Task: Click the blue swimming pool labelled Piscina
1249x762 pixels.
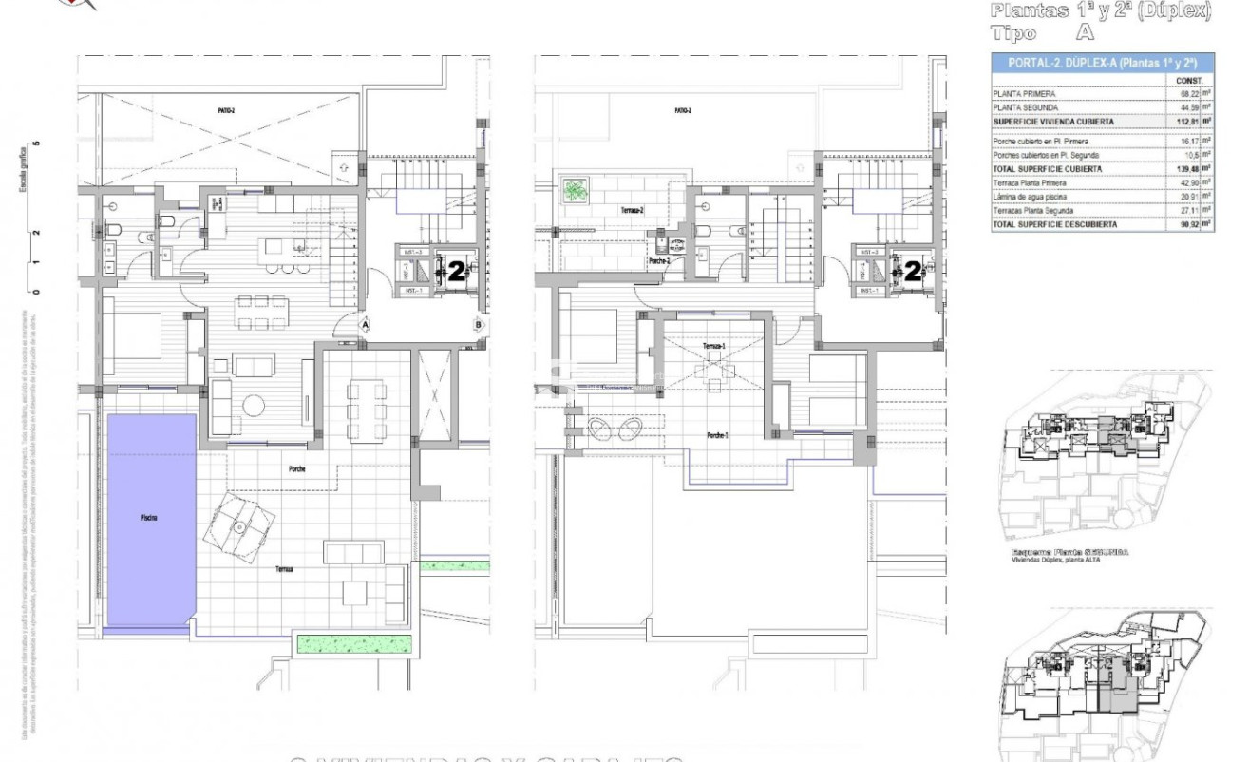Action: click(150, 518)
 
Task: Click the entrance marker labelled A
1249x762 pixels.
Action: click(364, 324)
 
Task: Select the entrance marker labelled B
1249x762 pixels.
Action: click(479, 324)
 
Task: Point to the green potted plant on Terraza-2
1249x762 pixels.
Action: click(575, 190)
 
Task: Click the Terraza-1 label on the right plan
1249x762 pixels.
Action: click(714, 346)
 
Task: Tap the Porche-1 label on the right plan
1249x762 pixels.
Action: click(717, 435)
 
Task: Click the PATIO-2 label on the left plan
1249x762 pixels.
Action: click(225, 111)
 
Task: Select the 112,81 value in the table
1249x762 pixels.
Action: click(1186, 122)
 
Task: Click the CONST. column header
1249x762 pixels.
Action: click(1190, 81)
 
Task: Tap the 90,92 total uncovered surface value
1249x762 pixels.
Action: click(1186, 225)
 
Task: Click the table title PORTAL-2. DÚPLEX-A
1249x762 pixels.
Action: click(1102, 64)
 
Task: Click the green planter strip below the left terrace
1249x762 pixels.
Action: click(356, 643)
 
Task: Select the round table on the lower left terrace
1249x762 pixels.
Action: click(239, 526)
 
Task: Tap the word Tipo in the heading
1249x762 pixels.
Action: click(1012, 33)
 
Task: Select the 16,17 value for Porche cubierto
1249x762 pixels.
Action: click(1186, 141)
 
